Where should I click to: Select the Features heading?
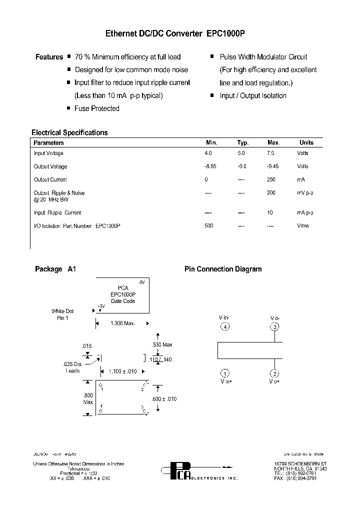pos(49,57)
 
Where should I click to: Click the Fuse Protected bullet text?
pos(97,108)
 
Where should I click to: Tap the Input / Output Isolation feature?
pos(253,95)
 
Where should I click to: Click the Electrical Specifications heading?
pos(69,132)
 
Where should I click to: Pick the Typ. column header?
pos(242,142)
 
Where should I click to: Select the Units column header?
pos(306,142)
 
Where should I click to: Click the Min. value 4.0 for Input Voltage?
pos(208,153)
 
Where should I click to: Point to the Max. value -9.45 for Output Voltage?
pos(273,166)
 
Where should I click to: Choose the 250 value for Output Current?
pos(271,179)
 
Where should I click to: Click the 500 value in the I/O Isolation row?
pos(208,226)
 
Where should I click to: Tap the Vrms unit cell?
pos(302,226)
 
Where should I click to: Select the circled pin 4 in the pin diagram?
pos(225,327)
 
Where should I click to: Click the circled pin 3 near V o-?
pos(275,327)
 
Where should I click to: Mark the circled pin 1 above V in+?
pos(225,374)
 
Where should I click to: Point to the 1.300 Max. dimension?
pos(122,323)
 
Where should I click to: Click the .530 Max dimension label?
pos(162,344)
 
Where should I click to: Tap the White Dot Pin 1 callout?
pos(62,314)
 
